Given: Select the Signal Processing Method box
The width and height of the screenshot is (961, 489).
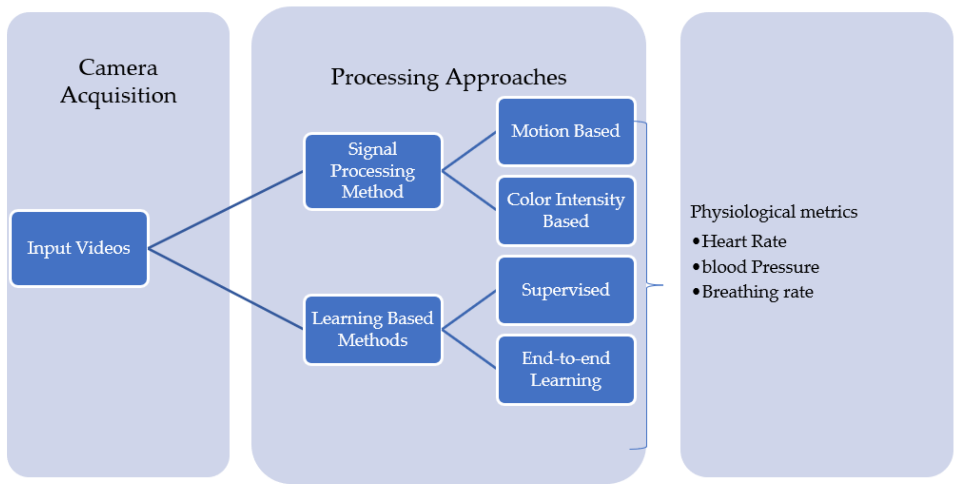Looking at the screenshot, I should click(373, 171).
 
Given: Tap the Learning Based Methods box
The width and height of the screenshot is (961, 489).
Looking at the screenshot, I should click(373, 329).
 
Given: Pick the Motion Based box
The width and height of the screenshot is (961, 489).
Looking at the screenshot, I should click(565, 131).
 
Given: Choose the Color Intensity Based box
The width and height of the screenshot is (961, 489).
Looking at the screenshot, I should click(565, 210).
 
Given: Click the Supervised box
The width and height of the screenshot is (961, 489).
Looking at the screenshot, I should click(565, 290).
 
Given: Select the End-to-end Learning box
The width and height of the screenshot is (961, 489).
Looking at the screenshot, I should click(565, 369).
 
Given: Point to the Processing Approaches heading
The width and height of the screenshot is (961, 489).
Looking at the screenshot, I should click(448, 78).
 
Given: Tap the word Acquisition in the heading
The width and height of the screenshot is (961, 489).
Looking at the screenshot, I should click(119, 95).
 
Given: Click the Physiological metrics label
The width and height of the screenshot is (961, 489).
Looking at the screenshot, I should click(773, 212).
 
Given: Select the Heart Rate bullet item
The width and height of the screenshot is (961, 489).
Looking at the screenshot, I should click(744, 241).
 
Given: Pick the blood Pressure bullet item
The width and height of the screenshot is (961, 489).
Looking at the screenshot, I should click(760, 267).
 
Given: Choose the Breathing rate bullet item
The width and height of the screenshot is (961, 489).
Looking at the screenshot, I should click(757, 292).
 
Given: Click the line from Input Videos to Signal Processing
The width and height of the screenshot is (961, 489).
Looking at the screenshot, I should click(226, 209).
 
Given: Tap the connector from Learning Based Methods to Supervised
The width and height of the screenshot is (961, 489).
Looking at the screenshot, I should click(469, 310).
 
